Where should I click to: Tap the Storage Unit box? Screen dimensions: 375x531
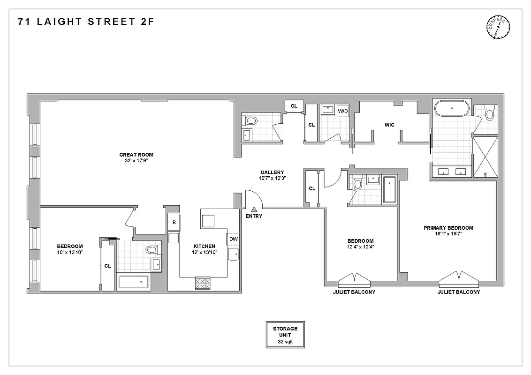pyautogui.click(x=285, y=335)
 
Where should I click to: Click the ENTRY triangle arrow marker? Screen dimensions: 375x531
pyautogui.click(x=254, y=209)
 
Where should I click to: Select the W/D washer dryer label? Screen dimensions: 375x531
pyautogui.click(x=343, y=111)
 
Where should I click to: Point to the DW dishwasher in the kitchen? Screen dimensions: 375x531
pyautogui.click(x=233, y=239)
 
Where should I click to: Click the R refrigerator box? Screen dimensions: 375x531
pyautogui.click(x=174, y=222)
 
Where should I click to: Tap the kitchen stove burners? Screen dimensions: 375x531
pyautogui.click(x=203, y=284)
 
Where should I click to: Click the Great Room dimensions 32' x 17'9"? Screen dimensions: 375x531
pyautogui.click(x=136, y=161)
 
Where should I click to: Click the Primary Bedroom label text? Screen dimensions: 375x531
pyautogui.click(x=448, y=228)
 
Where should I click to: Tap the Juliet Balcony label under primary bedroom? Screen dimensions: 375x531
pyautogui.click(x=458, y=292)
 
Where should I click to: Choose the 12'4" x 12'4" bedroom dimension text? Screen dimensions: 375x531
pyautogui.click(x=361, y=247)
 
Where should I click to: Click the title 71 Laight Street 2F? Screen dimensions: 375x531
pyautogui.click(x=86, y=21)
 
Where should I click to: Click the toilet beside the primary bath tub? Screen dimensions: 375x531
pyautogui.click(x=490, y=113)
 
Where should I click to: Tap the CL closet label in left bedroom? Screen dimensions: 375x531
pyautogui.click(x=107, y=266)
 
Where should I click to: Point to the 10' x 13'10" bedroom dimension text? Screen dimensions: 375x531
pyautogui.click(x=70, y=253)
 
